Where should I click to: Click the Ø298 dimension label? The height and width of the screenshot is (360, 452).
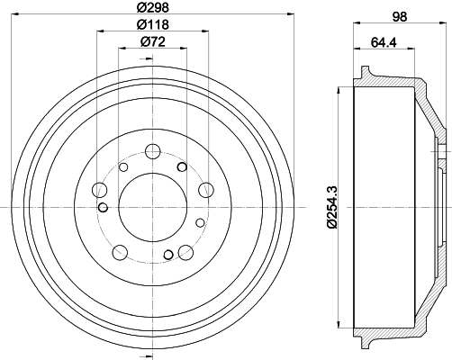click(x=150, y=7)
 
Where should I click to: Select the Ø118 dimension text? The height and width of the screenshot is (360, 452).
click(x=150, y=27)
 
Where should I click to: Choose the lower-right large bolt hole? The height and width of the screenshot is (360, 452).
click(x=185, y=253)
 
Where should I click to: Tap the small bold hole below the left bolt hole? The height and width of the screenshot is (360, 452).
click(x=103, y=209)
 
